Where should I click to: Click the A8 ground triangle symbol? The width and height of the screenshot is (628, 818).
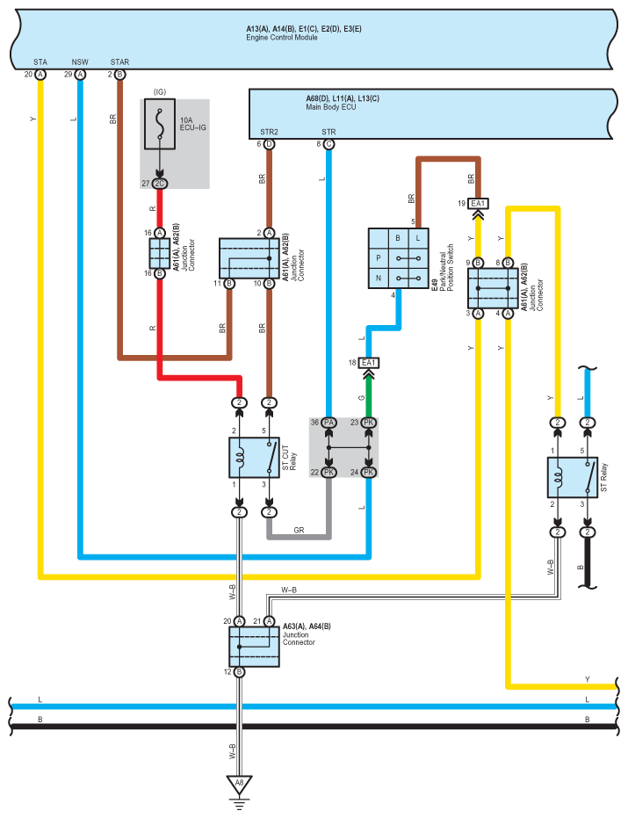point(237,782)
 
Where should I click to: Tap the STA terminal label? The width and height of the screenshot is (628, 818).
point(40,62)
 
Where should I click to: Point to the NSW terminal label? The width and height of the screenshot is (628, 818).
point(80,62)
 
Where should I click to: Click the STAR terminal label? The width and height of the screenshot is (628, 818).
point(119,62)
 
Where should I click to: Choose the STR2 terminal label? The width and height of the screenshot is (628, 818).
point(268,132)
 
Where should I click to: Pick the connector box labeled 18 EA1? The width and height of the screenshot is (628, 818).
point(369,363)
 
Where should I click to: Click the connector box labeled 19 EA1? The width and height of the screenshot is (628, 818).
point(478,204)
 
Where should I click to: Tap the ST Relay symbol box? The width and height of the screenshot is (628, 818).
point(572,478)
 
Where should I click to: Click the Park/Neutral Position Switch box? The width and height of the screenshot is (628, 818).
point(397,258)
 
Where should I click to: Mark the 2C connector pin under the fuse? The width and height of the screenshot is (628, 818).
point(159,183)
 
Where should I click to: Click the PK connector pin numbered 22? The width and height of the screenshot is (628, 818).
point(328,473)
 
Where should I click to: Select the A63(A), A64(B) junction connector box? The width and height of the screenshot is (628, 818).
point(254,647)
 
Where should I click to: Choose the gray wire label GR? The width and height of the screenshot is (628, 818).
point(298,530)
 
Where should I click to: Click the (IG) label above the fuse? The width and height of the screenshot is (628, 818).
point(159,91)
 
